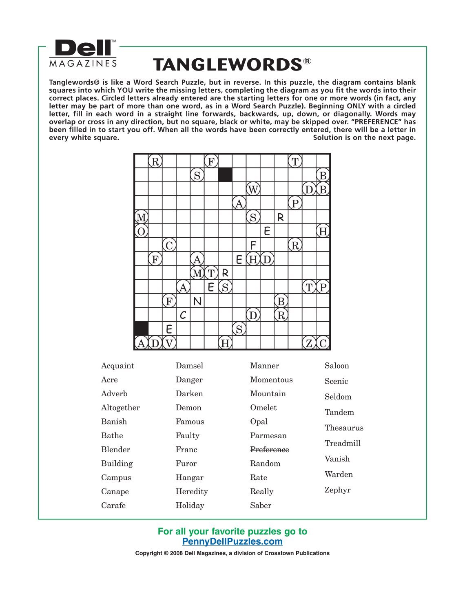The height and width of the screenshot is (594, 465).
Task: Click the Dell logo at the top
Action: click(84, 48)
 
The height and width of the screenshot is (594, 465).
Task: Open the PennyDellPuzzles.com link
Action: click(232, 542)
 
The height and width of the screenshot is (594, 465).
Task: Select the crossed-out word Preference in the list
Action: click(269, 450)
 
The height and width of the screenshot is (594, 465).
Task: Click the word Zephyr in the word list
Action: click(337, 490)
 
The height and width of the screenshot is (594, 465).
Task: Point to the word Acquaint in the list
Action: click(117, 366)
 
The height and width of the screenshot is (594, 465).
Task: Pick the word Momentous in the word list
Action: click(271, 380)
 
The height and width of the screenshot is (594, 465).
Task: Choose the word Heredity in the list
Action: click(191, 491)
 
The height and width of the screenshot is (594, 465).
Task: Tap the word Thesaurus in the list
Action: click(344, 428)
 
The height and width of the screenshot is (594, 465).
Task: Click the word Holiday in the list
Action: click(190, 506)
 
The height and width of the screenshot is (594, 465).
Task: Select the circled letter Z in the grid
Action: click(309, 343)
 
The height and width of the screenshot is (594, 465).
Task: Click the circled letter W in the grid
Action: click(253, 190)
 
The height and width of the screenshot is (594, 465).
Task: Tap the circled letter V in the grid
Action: click(169, 343)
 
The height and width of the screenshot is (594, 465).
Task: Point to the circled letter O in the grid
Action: click(141, 232)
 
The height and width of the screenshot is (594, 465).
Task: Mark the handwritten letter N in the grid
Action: click(197, 301)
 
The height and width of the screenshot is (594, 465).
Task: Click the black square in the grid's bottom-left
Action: click(141, 329)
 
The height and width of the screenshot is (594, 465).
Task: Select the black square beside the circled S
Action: click(225, 175)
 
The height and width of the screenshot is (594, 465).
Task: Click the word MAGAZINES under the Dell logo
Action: click(83, 64)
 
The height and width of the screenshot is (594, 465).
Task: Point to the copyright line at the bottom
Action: click(232, 553)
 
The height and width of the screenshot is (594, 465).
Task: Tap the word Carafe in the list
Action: click(113, 506)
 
